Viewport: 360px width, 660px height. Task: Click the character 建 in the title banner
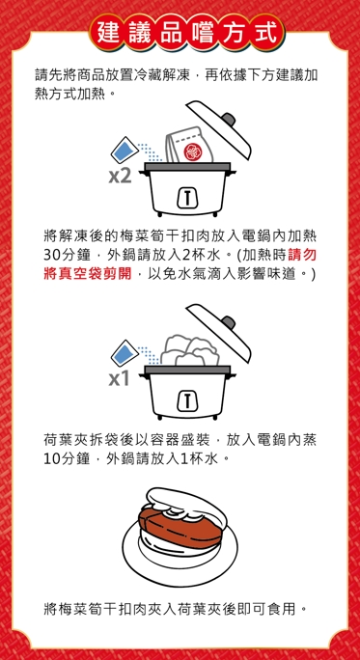[108, 33]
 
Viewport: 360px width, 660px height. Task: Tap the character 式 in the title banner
[266, 33]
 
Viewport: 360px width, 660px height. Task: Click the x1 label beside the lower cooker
[120, 380]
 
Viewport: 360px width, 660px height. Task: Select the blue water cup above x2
[125, 150]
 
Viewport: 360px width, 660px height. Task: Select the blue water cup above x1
[125, 353]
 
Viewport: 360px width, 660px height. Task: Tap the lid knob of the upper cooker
[229, 119]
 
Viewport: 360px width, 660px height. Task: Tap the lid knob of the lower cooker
[229, 323]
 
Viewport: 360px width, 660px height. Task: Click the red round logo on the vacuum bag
[191, 151]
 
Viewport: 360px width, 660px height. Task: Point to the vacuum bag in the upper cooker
[189, 145]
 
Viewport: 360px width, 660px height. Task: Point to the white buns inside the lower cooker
[190, 350]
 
